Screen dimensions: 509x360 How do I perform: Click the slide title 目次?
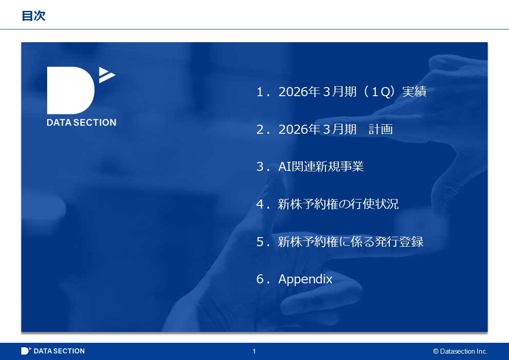34,15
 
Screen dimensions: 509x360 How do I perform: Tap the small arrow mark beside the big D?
107,75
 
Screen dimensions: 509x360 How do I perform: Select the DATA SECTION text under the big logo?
82,122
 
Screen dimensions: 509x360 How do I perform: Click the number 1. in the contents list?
263,92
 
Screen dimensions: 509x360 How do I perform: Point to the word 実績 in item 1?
414,92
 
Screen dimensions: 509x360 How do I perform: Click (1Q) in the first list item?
379,92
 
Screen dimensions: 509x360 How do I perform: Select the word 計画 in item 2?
381,129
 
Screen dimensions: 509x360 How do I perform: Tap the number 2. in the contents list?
263,130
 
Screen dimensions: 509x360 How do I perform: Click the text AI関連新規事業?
321,166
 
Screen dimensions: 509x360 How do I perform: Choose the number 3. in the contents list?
263,167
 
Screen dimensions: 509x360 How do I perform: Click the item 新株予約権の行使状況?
338,204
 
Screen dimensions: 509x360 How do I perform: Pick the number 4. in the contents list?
263,204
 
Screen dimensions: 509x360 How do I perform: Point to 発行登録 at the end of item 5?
399,242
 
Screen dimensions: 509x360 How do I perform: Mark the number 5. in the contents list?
263,242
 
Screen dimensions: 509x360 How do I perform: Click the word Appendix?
305,279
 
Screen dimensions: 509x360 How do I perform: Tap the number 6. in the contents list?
263,279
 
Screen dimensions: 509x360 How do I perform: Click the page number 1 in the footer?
254,351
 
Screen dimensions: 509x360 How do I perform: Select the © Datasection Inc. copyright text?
461,351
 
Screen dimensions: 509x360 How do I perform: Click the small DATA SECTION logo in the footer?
53,351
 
